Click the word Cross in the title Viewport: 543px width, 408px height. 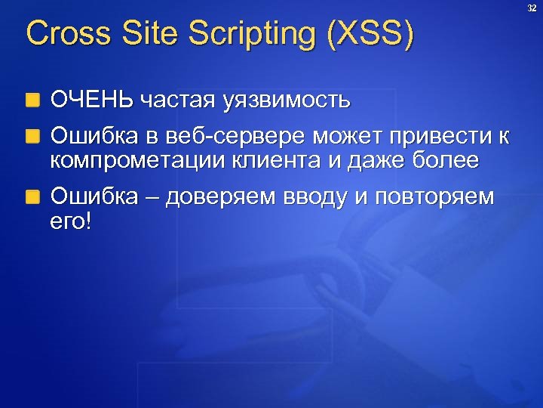(61, 35)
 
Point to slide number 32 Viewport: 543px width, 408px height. (532, 8)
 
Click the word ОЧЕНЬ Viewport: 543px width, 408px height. (92, 99)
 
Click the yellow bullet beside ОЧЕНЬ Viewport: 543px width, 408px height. (32, 100)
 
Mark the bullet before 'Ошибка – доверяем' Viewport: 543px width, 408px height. (32, 198)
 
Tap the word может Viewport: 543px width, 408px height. (342, 138)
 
